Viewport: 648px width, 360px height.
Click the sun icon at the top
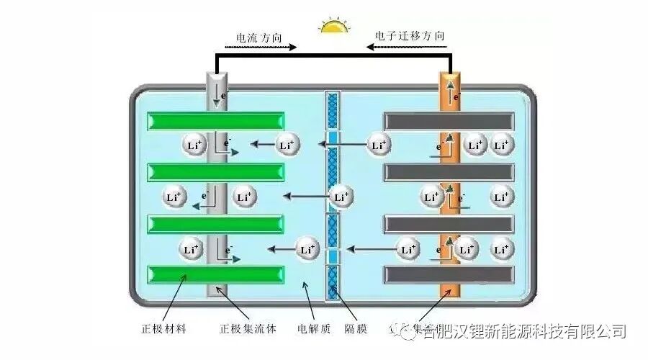(x=334, y=27)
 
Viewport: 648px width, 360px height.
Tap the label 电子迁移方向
(x=409, y=35)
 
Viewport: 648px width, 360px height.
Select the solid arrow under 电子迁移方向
(x=409, y=48)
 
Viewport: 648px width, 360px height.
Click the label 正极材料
(x=163, y=330)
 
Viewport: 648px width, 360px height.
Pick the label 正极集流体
(x=248, y=330)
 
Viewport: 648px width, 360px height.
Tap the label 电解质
(x=314, y=330)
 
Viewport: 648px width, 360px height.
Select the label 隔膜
(x=356, y=330)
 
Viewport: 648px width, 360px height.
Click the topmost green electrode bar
(x=215, y=121)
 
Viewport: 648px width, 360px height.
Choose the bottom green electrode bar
(x=215, y=274)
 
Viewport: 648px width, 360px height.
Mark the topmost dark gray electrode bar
(x=449, y=121)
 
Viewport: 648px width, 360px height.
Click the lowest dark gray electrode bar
(x=449, y=274)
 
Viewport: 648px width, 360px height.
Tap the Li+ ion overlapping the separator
(x=341, y=197)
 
